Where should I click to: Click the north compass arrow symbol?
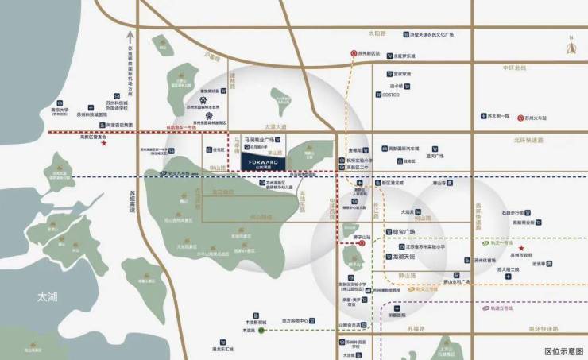[x=570, y=47]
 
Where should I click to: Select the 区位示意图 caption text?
[x=563, y=350]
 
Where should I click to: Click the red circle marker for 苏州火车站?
[x=521, y=118]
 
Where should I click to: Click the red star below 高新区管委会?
[x=103, y=144]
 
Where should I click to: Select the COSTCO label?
[x=390, y=95]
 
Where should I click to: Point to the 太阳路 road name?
[x=377, y=34]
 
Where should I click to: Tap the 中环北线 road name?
[x=514, y=68]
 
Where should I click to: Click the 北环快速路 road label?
[x=528, y=141]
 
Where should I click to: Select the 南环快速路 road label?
[x=544, y=328]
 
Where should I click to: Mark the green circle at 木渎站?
[x=261, y=330]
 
